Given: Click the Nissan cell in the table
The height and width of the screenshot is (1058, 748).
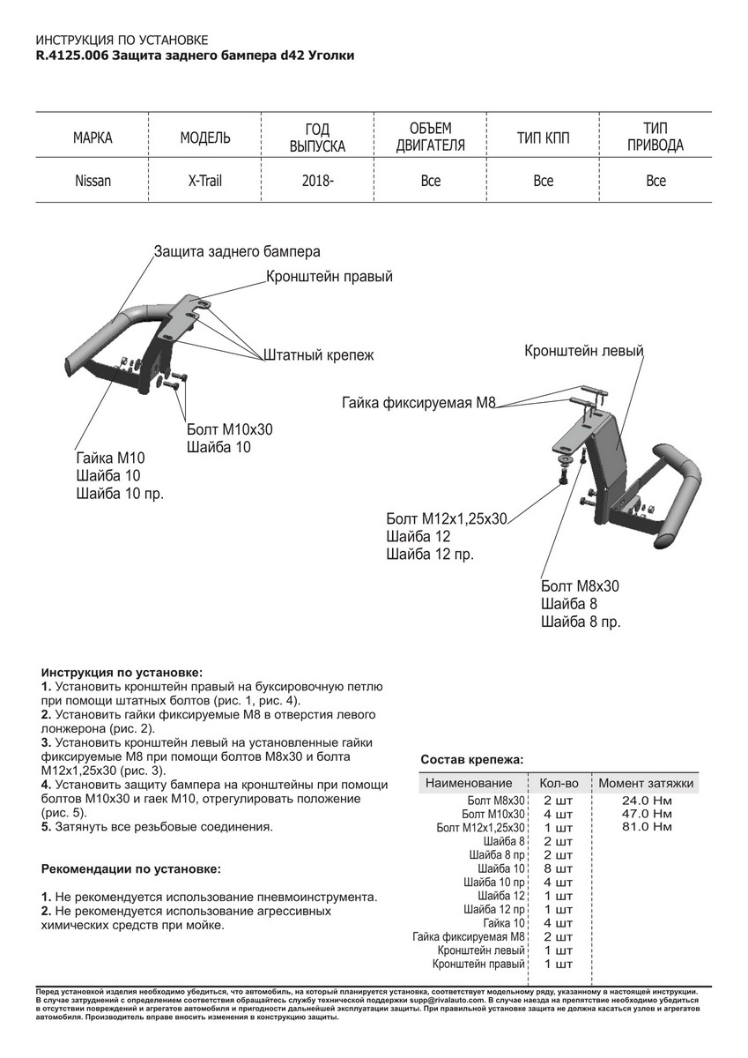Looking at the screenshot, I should [93, 181].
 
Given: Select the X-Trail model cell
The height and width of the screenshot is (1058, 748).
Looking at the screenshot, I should [204, 181].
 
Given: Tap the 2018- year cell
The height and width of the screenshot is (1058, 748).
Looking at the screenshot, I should [317, 181].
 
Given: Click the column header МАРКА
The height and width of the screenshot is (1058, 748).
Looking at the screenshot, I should [93, 138].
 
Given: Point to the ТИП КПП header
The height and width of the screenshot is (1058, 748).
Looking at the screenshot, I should [543, 138].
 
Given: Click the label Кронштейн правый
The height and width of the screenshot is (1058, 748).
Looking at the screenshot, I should [329, 277].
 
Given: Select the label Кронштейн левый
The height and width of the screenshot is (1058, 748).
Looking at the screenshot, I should [583, 351].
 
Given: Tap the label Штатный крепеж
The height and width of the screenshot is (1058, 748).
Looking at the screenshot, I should [318, 356].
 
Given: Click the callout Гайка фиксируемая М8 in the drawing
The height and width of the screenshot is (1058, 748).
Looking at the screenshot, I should [419, 404].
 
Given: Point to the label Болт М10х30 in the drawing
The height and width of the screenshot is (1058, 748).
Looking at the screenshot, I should [230, 429].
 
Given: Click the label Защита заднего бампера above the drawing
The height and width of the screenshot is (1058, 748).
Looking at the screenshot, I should [236, 251].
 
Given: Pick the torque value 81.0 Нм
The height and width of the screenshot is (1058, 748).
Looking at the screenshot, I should [646, 828].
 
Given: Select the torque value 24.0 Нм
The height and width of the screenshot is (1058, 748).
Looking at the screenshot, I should [646, 800].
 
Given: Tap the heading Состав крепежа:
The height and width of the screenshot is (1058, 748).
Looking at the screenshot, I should [471, 758].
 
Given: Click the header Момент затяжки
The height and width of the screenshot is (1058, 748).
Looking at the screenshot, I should [646, 783].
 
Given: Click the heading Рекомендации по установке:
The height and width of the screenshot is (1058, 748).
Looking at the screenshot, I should [132, 868].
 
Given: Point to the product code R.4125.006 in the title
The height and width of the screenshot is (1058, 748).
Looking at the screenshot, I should [73, 56].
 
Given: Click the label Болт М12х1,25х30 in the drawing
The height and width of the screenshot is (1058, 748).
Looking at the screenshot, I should [447, 518].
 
